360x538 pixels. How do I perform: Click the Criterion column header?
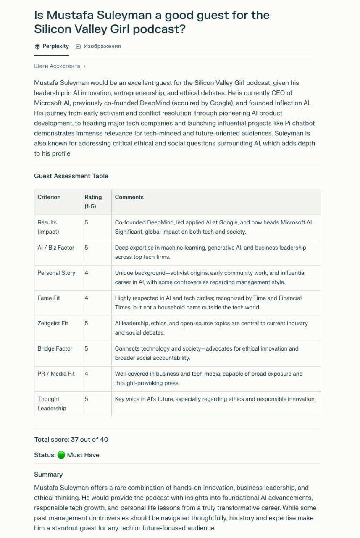click(x=49, y=197)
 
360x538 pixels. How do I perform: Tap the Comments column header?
click(x=129, y=197)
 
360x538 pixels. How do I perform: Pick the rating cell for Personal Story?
click(x=87, y=273)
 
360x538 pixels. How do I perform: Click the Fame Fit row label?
click(x=49, y=298)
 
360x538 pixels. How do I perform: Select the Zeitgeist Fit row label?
click(x=53, y=323)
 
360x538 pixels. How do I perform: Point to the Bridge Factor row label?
click(x=55, y=348)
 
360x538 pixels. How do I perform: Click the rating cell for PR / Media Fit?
click(x=87, y=374)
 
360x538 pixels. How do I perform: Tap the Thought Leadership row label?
click(x=52, y=403)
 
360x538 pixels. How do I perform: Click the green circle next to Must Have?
click(x=61, y=455)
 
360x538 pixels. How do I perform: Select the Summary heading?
click(x=48, y=475)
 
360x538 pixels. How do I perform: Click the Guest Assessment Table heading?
click(x=71, y=176)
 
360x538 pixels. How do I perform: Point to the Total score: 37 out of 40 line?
click(x=71, y=440)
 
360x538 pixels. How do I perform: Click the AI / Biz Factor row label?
click(x=56, y=248)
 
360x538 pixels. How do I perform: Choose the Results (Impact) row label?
click(x=48, y=227)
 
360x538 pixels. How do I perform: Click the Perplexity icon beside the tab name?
click(x=37, y=46)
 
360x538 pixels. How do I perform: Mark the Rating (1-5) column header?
click(x=93, y=202)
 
